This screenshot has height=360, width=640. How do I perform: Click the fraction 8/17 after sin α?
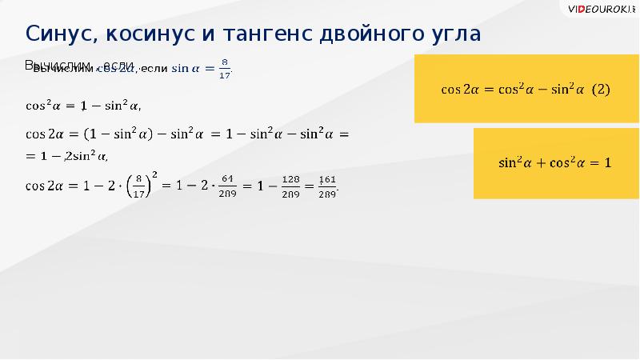click(x=225, y=69)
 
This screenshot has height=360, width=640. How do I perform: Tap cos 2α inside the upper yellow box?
click(x=460, y=90)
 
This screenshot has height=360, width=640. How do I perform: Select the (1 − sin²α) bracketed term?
click(x=116, y=134)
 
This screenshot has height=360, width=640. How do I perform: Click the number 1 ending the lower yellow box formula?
click(x=607, y=163)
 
